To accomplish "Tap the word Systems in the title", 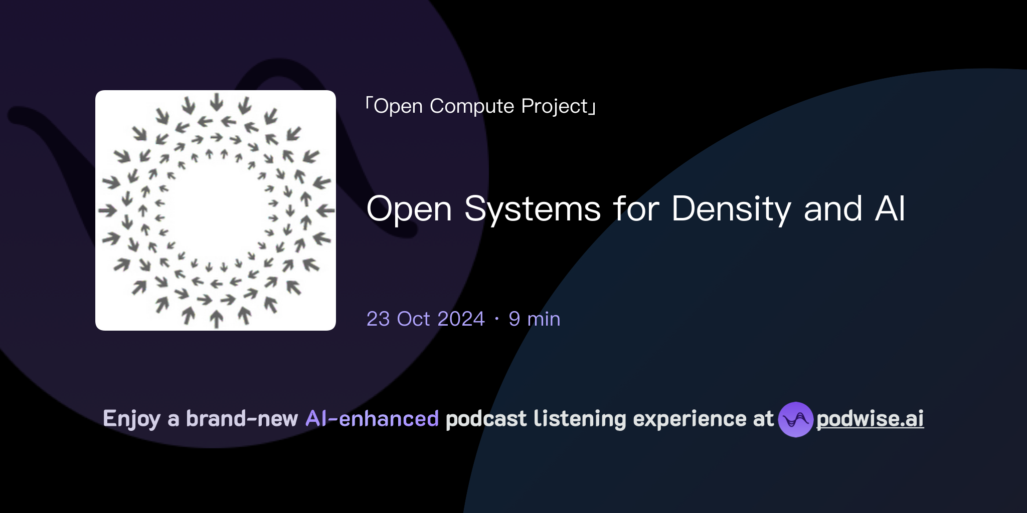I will (x=532, y=209).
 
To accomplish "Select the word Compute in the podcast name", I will (x=471, y=106).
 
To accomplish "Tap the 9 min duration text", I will (x=534, y=319).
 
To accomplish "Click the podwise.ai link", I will (x=870, y=419).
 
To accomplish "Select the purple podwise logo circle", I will (x=795, y=419).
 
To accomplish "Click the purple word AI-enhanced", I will (x=372, y=419).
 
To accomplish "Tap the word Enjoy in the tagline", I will (x=131, y=419).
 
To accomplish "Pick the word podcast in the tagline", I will (x=486, y=419).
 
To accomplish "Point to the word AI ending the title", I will (x=890, y=209).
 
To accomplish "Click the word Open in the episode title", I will (x=409, y=209).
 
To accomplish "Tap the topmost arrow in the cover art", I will (x=217, y=101).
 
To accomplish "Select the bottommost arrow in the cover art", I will (x=217, y=319).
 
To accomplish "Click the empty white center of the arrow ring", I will (x=216, y=210).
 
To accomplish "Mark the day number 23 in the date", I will (x=378, y=319).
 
